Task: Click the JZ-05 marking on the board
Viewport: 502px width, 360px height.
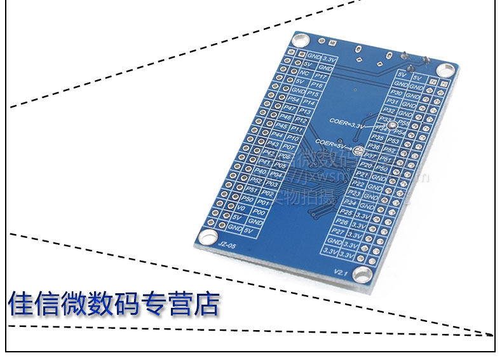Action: point(226,243)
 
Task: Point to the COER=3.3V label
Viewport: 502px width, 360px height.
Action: point(348,126)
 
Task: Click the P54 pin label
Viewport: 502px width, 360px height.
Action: point(294,99)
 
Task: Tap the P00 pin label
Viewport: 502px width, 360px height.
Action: point(259,211)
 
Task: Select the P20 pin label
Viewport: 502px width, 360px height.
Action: point(366,165)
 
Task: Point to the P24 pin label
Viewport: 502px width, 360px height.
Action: point(350,202)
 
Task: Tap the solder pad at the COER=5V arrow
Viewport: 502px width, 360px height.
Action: point(357,151)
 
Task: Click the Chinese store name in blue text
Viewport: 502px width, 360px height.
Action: point(114,304)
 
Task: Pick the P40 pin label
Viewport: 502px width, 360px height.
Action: point(259,171)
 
